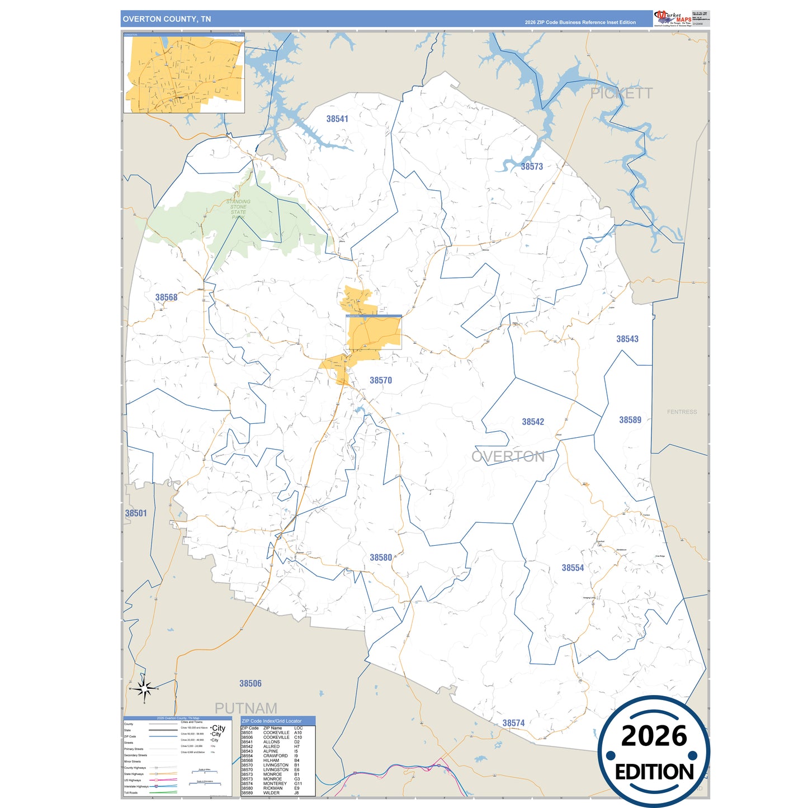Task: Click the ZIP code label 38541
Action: [337, 119]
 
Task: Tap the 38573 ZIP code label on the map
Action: [532, 166]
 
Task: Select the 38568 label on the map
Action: [166, 297]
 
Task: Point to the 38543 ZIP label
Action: [627, 339]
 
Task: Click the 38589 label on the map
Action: [630, 420]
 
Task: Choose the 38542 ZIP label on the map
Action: [533, 422]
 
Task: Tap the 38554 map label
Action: [573, 568]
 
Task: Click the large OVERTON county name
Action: [508, 456]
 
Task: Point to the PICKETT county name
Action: [621, 93]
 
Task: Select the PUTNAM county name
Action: [246, 708]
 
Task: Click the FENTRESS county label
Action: [682, 412]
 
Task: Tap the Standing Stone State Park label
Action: [238, 209]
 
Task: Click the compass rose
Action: [145, 689]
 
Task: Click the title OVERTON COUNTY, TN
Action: [167, 19]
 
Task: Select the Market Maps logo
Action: [673, 18]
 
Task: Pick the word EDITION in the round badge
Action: [654, 772]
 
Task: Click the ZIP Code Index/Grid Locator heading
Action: [272, 721]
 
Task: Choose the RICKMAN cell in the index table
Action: [273, 788]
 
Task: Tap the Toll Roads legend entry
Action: [131, 792]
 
